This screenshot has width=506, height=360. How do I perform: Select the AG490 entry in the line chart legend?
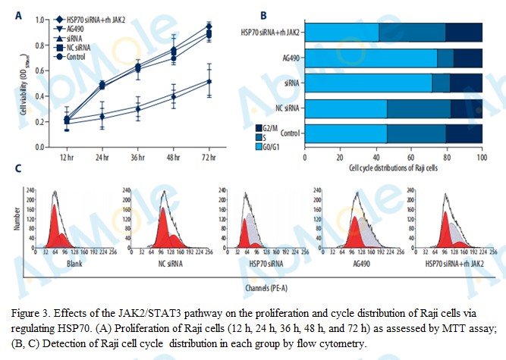coord(75,27)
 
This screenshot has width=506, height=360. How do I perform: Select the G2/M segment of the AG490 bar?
coord(467,58)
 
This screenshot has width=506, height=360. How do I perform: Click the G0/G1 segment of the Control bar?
coord(345,134)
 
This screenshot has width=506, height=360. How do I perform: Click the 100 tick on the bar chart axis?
coord(481,157)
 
